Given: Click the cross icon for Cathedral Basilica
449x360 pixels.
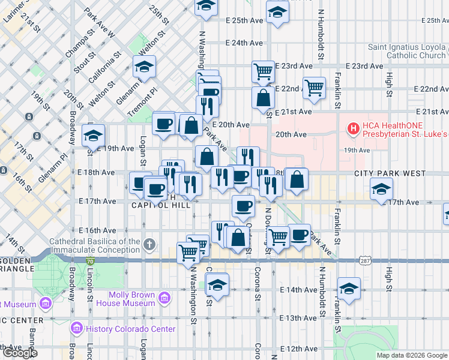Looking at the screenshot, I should click(149, 244).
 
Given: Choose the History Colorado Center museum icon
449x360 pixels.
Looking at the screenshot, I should click(76, 328).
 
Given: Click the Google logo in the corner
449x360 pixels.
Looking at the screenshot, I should click(20, 353).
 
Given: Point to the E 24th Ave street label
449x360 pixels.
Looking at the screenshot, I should click(244, 43).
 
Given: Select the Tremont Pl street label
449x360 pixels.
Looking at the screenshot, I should click(142, 101).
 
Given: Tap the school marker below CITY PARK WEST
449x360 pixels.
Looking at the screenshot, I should click(381, 190).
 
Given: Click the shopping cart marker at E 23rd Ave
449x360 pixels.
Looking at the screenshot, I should click(264, 71).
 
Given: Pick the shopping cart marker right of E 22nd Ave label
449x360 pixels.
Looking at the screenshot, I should click(315, 87).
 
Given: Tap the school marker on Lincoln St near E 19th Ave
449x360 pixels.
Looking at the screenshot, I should click(93, 136).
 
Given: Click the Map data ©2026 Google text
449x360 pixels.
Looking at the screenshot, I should click(412, 355).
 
